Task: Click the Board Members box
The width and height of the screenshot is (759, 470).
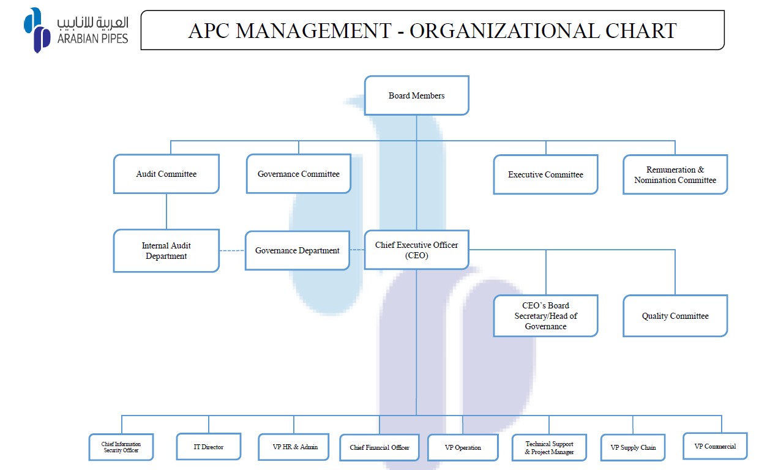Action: pos(416,95)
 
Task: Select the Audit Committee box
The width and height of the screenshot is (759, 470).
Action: pos(166,174)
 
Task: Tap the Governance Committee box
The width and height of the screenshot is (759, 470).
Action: pos(299,174)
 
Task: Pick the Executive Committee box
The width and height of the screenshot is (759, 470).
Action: pos(545,174)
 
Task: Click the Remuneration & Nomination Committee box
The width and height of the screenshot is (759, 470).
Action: pos(675,174)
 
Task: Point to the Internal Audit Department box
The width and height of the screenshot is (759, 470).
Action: pos(166,251)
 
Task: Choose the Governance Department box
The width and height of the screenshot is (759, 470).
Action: pos(297,250)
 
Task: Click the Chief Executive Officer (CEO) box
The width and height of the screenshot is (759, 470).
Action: pos(416,250)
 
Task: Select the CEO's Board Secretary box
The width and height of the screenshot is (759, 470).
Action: pos(545,316)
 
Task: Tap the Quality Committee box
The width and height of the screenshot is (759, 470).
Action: pos(675,316)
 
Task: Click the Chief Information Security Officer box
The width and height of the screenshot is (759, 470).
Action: pos(121,447)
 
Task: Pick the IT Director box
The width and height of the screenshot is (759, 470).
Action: pos(209,447)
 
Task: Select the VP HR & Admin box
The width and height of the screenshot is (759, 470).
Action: pos(293,447)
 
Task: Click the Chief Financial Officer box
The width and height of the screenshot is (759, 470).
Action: pos(379,447)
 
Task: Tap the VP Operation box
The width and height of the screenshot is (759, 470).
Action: pos(463,447)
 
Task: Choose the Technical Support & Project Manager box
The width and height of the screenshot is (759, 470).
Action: pos(549,447)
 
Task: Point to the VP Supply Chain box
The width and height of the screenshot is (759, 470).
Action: pos(633,447)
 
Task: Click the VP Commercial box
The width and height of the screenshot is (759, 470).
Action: pos(716,446)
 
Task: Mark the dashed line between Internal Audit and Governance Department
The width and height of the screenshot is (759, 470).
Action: pos(232,251)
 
